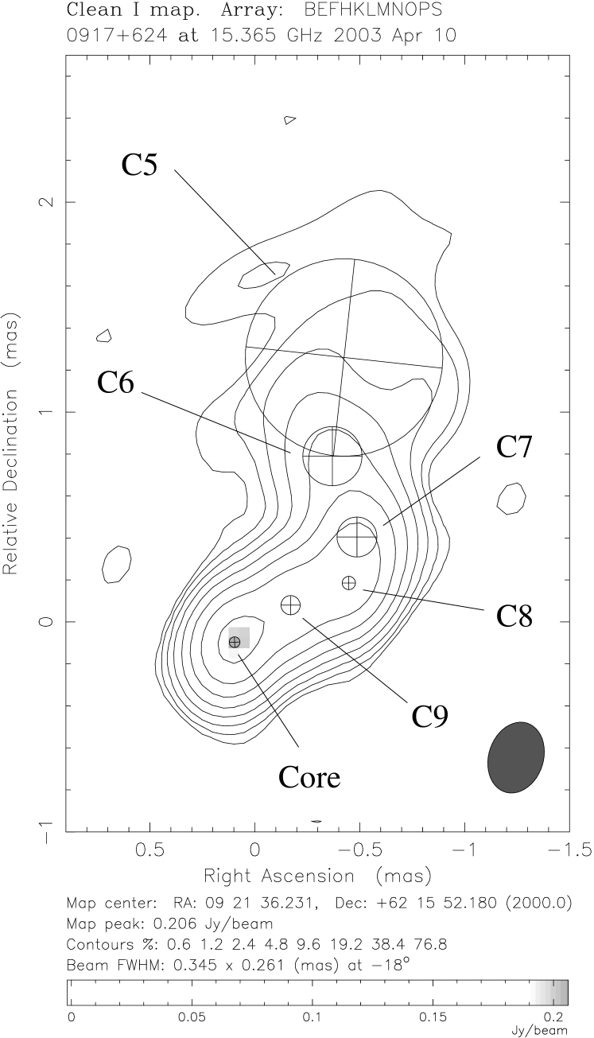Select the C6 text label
(116, 383)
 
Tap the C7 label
(514, 447)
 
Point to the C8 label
(514, 616)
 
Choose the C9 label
(429, 717)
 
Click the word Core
(309, 777)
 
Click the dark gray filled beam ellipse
(516, 757)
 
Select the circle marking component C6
(333, 456)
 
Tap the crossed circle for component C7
(357, 537)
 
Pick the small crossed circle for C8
(348, 583)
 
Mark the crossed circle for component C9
(291, 605)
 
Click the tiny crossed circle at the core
(235, 641)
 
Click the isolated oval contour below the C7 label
(511, 498)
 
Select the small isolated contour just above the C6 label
(103, 336)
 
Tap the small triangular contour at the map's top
(289, 120)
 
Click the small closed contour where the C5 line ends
(262, 274)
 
